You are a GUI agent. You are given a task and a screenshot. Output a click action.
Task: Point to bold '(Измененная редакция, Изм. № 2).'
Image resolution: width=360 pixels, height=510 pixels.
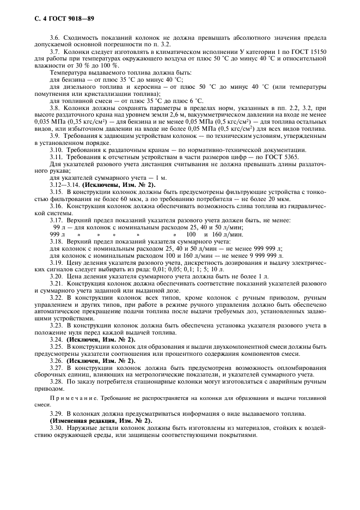101,421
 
